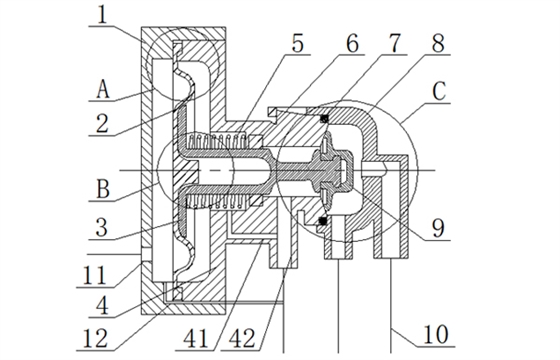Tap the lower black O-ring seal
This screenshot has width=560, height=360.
[323, 219]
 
